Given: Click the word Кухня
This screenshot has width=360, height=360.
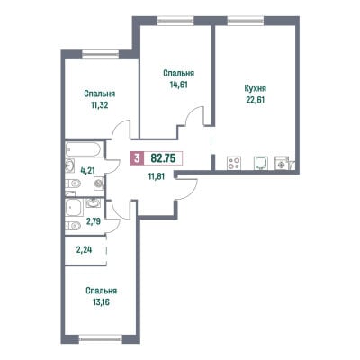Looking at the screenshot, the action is pyautogui.click(x=256, y=89).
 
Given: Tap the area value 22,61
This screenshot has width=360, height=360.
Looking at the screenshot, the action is pyautogui.click(x=256, y=100).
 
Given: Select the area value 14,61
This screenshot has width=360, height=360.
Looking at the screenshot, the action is pyautogui.click(x=178, y=85).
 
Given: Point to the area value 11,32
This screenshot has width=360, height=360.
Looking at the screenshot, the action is pyautogui.click(x=99, y=105).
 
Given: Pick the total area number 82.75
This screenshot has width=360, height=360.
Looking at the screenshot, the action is pyautogui.click(x=163, y=157).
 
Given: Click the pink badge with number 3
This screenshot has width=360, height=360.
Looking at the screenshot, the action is pyautogui.click(x=137, y=158).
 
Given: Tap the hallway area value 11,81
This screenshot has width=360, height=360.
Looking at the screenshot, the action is pyautogui.click(x=157, y=176).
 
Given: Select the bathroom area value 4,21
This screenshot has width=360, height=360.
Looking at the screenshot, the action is pyautogui.click(x=87, y=170).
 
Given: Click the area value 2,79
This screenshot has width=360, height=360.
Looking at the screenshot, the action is pyautogui.click(x=94, y=221).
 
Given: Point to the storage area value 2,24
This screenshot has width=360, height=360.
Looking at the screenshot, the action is pyautogui.click(x=84, y=249).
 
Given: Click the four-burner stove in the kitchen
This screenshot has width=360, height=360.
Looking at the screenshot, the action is pyautogui.click(x=234, y=163).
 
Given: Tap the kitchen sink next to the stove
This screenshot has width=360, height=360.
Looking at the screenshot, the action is pyautogui.click(x=260, y=164).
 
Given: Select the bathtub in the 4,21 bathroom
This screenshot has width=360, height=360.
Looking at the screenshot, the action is pyautogui.click(x=84, y=149).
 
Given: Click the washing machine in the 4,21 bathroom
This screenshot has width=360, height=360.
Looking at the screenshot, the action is pyautogui.click(x=99, y=184).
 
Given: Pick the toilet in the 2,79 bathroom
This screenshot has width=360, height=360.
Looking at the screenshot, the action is pyautogui.click(x=73, y=226).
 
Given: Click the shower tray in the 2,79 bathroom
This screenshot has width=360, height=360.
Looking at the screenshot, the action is pyautogui.click(x=74, y=208).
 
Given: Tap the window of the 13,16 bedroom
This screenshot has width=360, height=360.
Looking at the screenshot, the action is pyautogui.click(x=101, y=339).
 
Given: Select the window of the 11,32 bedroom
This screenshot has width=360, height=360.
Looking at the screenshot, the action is pyautogui.click(x=101, y=54).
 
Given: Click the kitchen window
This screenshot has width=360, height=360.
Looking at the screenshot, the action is pyautogui.click(x=246, y=20).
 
